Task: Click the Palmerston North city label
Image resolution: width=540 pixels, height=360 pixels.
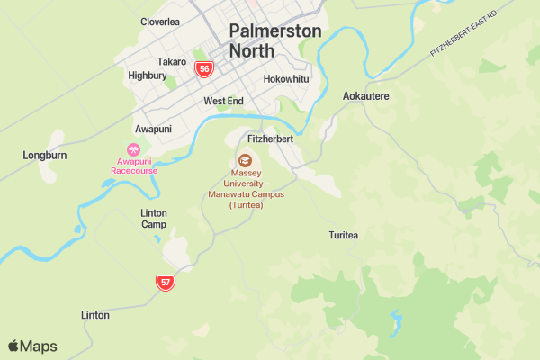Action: (274, 40)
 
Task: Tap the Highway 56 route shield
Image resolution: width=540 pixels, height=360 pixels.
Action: (204, 68)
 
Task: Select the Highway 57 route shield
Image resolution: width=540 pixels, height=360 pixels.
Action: (165, 282)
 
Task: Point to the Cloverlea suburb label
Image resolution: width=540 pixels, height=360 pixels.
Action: (160, 22)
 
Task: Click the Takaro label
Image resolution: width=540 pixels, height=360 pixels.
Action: (171, 61)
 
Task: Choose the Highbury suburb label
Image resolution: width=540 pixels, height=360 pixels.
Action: (147, 76)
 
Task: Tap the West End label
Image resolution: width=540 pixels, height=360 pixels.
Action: (223, 101)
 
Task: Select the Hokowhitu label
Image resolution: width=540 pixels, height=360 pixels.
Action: (286, 79)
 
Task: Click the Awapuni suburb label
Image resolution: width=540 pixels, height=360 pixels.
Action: (152, 129)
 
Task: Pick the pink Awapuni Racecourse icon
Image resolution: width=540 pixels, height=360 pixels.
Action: (134, 150)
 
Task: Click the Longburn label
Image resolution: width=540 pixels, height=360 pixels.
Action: (44, 156)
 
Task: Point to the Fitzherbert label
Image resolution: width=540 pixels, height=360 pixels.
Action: (270, 139)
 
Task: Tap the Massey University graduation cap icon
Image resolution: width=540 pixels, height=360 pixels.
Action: (246, 159)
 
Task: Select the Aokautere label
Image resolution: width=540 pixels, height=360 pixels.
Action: (366, 95)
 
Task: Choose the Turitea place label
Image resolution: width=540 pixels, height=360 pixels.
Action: (344, 235)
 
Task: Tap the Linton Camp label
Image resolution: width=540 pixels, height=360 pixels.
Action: (154, 219)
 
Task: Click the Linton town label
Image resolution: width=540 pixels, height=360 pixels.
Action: (95, 315)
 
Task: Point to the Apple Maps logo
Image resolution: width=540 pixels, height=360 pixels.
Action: (32, 346)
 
